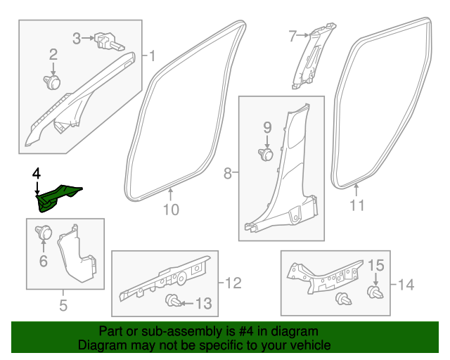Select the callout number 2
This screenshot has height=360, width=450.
click(53, 54)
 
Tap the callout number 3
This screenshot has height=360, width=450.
click(77, 38)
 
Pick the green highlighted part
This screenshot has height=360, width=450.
click(58, 197)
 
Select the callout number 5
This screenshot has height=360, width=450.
click(63, 305)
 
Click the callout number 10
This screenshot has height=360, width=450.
click(172, 209)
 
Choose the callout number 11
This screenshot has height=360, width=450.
click(357, 205)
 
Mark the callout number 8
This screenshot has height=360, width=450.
click(228, 172)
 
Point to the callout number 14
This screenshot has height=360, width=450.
click(406, 285)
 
